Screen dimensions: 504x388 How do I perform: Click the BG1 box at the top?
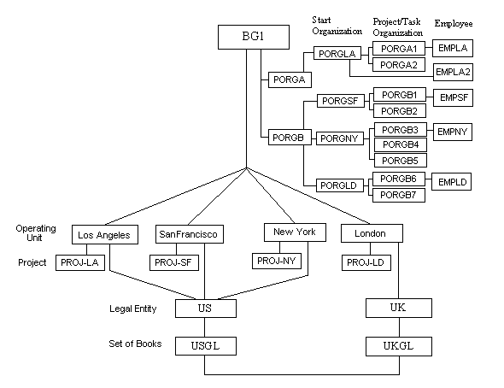[254, 37]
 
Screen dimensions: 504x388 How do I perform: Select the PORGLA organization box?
[337, 54]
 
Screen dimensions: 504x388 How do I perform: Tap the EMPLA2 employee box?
[453, 72]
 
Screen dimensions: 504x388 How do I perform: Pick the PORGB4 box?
[401, 145]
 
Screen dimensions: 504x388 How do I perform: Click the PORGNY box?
[340, 138]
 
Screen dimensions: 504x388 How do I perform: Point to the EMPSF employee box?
[454, 97]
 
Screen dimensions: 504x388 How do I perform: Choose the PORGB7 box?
[399, 195]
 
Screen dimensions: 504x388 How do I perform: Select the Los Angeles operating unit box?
[105, 235]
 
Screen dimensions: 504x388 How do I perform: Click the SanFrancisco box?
[190, 234]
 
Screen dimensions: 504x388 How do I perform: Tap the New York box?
[295, 232]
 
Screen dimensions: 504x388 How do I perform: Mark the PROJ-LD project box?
[366, 262]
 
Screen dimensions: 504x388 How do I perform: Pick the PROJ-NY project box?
[277, 261]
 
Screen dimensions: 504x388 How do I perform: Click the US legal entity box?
[206, 309]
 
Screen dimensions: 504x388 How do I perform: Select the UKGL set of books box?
[399, 346]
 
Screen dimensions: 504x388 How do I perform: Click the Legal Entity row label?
[133, 309]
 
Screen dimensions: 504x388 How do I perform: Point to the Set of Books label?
[135, 344]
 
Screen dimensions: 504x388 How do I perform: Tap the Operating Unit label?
[35, 233]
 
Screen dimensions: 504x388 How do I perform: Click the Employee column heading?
[454, 23]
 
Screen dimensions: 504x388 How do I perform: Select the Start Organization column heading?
[337, 26]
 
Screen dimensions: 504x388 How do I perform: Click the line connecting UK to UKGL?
[399, 327]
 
